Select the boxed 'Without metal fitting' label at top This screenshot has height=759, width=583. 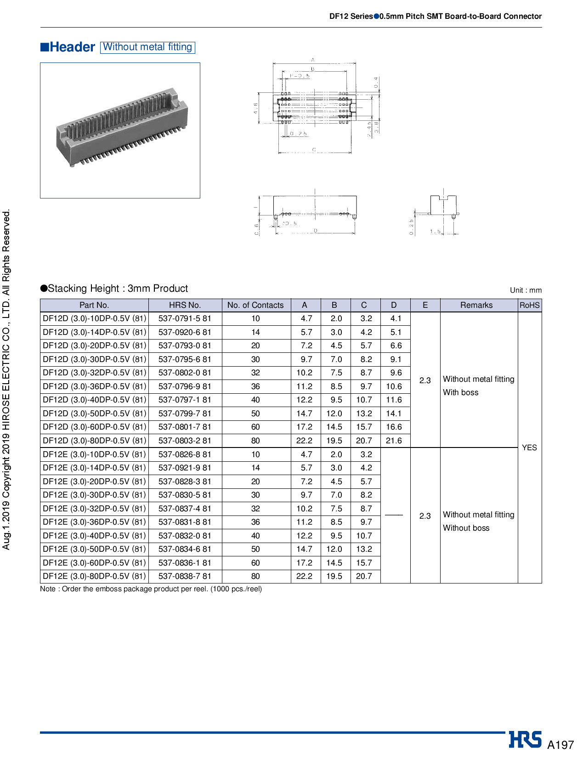click(147, 47)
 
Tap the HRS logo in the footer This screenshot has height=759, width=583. click(525, 740)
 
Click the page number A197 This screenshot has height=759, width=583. click(560, 745)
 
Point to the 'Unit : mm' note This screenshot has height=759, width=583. click(526, 290)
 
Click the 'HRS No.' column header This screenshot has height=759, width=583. click(185, 305)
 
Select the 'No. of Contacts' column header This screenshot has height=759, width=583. click(255, 305)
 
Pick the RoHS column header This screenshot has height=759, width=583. click(529, 305)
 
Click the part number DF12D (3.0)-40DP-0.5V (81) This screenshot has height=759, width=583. click(94, 400)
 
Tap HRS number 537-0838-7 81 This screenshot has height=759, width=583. click(185, 576)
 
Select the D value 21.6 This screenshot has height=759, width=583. click(394, 441)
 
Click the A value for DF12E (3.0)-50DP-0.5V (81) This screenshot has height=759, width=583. click(304, 549)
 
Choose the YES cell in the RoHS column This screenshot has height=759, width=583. click(529, 447)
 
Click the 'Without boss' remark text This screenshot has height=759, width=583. click(466, 528)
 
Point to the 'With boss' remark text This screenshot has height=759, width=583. click(460, 393)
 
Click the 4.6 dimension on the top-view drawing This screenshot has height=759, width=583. click(256, 108)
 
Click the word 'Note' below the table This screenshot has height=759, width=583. click(48, 589)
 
